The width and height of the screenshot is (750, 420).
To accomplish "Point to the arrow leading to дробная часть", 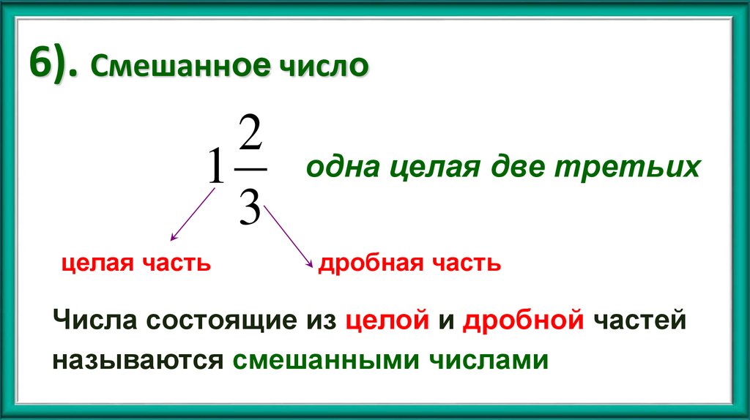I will pos(289,236).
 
